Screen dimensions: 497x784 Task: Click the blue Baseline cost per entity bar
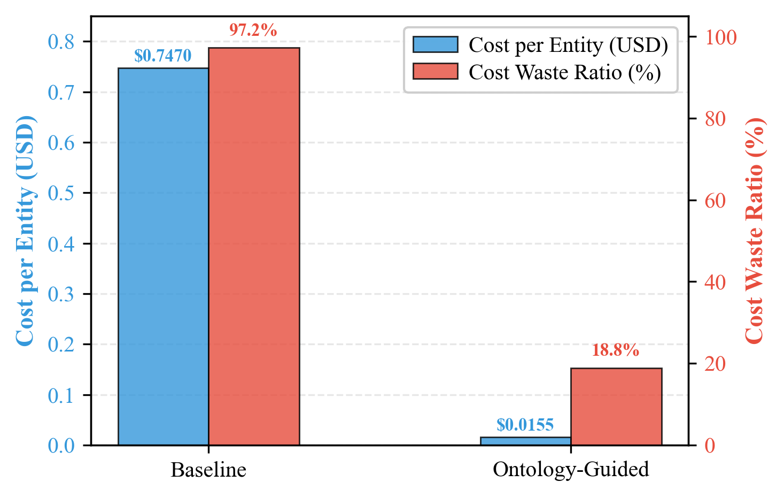[x=163, y=257]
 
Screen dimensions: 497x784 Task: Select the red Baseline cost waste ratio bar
[x=254, y=246]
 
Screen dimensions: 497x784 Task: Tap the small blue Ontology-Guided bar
[x=525, y=441]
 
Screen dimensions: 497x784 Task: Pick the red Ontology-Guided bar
[x=616, y=407]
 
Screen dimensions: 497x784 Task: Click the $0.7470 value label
[x=162, y=56]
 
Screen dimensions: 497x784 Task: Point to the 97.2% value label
[x=253, y=30]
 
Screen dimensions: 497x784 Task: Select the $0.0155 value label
[x=525, y=425]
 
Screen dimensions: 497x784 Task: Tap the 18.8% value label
[x=616, y=350]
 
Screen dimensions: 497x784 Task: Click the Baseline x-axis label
[x=208, y=470]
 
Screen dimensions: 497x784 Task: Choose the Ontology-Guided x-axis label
[x=571, y=469]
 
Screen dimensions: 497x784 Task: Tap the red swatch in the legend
[x=435, y=71]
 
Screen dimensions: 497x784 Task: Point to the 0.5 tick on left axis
[x=61, y=193]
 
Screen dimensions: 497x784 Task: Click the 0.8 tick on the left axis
[x=61, y=42]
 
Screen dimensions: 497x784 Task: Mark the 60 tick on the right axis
[x=715, y=201]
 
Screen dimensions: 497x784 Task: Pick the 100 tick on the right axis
[x=721, y=37]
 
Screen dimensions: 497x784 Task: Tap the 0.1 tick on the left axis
[x=61, y=395]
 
